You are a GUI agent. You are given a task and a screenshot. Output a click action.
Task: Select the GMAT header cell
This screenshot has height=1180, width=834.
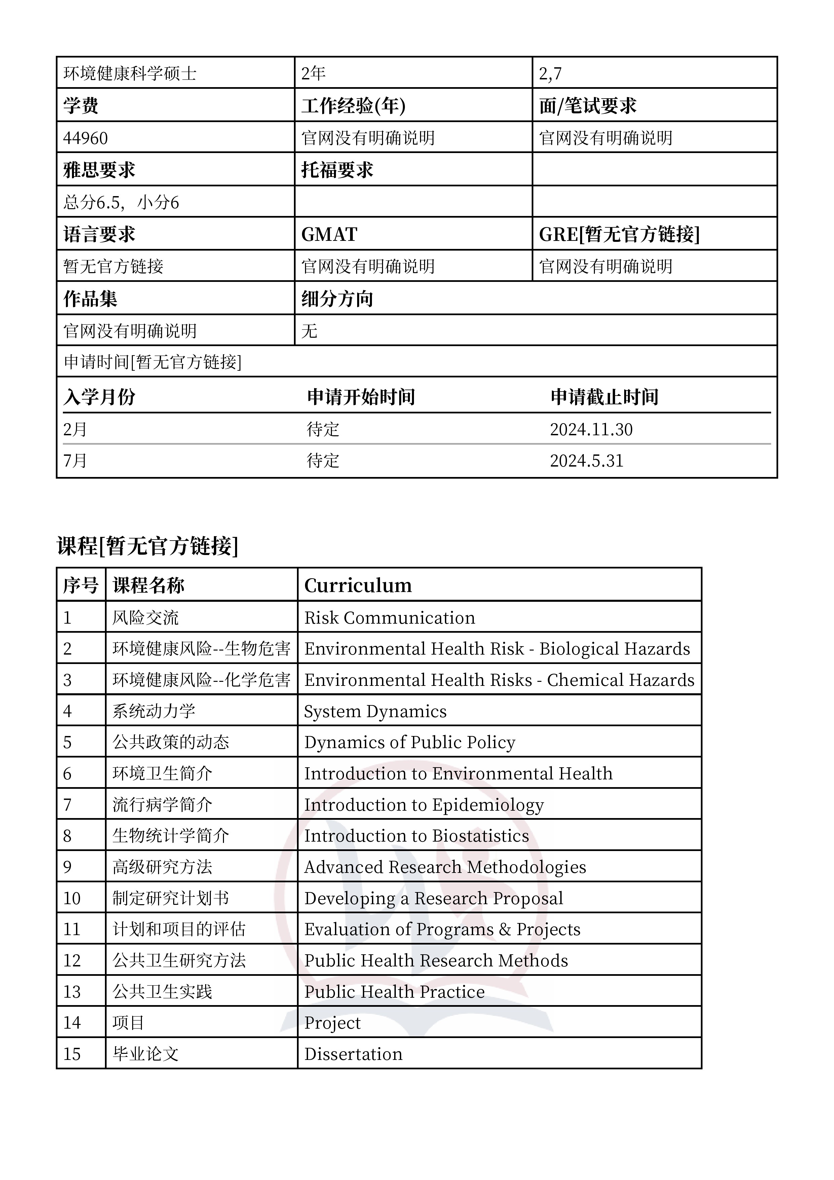(x=329, y=234)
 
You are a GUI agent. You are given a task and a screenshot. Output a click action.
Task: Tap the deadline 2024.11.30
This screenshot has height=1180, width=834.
(x=591, y=429)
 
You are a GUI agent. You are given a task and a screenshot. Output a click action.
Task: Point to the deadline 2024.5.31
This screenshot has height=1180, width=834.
(x=586, y=460)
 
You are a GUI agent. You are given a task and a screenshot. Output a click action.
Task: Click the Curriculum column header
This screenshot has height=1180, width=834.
(x=358, y=585)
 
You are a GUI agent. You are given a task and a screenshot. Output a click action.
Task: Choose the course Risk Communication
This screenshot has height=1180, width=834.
(x=389, y=618)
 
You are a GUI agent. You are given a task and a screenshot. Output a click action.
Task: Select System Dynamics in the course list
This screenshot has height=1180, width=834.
(x=375, y=711)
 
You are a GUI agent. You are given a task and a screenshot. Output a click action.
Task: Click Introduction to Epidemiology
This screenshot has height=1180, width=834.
(x=424, y=805)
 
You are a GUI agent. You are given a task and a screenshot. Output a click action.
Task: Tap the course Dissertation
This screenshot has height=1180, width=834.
(x=353, y=1054)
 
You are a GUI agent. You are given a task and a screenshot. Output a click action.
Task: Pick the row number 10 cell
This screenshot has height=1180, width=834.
(x=72, y=898)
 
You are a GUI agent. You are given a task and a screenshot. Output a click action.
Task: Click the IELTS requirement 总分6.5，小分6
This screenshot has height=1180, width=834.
(x=121, y=202)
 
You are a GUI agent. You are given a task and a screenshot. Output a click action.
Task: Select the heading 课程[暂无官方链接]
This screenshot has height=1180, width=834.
(x=148, y=546)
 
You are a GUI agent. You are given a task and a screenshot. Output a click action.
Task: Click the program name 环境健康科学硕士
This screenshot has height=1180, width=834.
(x=130, y=73)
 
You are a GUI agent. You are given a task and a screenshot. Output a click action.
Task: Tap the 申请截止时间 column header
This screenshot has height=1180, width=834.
(x=604, y=397)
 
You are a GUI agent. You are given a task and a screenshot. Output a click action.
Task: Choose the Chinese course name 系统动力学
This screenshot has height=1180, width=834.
(x=154, y=711)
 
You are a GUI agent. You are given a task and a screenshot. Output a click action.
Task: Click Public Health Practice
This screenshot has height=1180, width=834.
(x=394, y=992)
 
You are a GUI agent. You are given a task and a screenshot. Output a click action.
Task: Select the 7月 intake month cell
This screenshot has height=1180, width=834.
(x=75, y=460)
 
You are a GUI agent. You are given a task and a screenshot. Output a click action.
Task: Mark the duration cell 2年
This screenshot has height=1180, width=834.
(x=313, y=73)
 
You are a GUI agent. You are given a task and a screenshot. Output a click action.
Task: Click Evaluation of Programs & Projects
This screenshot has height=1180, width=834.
(x=442, y=930)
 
